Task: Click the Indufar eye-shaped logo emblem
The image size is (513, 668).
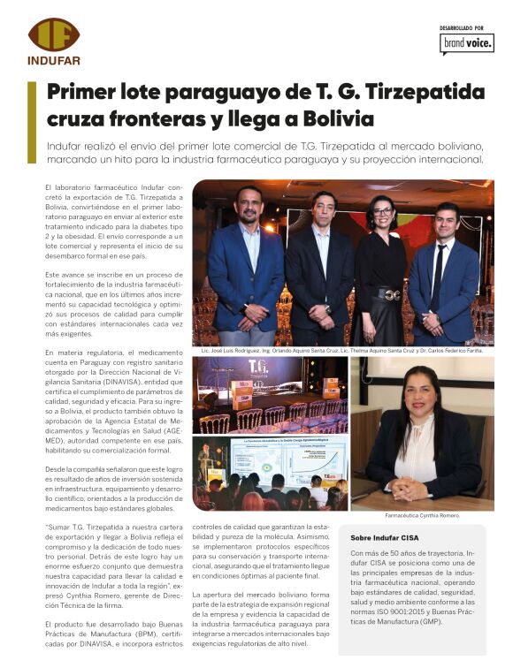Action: click(x=53, y=34)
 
